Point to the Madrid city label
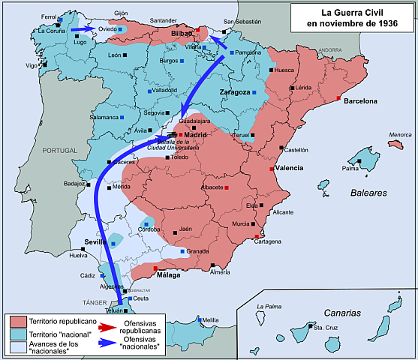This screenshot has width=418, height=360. (194, 135)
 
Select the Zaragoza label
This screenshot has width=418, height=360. (234, 92)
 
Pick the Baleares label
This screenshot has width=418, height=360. (368, 193)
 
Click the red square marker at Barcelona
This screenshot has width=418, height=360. (339, 99)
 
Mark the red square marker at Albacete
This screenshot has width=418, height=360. (226, 187)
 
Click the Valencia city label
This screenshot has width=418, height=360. (289, 168)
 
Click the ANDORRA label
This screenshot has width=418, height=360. (329, 49)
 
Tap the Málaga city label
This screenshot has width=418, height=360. (170, 275)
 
